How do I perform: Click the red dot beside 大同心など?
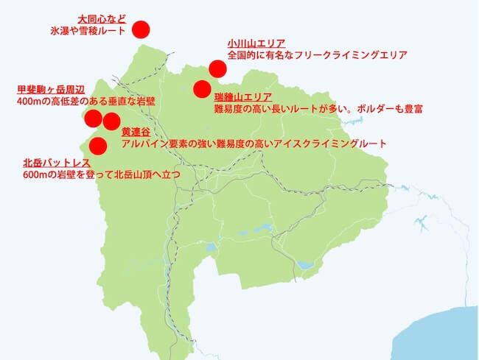click(x=140, y=29)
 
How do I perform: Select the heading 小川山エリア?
click(x=256, y=43)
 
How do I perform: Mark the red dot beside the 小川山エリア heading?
click(x=217, y=68)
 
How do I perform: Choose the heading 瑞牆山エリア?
click(x=243, y=97)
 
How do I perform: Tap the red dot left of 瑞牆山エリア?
click(x=202, y=89)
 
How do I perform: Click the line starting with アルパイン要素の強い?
click(x=254, y=144)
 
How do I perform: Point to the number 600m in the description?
click(x=35, y=174)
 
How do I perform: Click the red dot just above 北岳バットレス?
click(x=97, y=144)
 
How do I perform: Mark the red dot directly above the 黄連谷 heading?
click(x=111, y=121)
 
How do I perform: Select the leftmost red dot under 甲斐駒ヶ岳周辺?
click(x=93, y=119)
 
